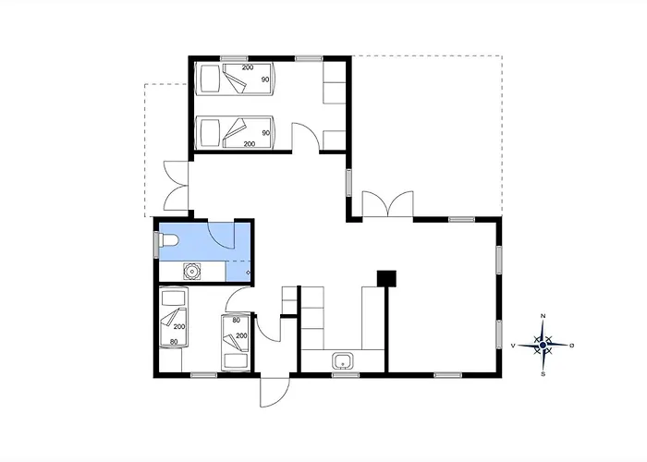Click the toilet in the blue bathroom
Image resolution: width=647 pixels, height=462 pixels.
(x=168, y=240)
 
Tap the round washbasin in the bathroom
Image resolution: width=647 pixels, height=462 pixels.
(x=192, y=272)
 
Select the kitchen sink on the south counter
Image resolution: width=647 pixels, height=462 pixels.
(x=343, y=361)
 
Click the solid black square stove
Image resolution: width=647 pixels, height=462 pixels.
(x=386, y=278)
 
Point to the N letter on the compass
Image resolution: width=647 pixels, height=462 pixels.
(x=543, y=316)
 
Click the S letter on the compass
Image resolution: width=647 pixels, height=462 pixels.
(x=543, y=374)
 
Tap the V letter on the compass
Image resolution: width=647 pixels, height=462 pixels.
(x=513, y=346)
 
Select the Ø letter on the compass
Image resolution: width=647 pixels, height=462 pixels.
(x=571, y=346)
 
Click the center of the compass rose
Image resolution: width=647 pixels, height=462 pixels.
(x=543, y=345)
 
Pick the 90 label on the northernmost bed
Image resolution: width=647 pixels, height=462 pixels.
(x=265, y=79)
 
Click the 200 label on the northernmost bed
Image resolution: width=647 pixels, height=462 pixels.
(x=248, y=67)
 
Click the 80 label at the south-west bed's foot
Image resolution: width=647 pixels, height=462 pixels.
(x=174, y=342)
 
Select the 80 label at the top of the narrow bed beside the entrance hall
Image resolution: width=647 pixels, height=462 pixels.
(x=237, y=320)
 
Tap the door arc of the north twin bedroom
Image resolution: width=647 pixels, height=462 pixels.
(x=306, y=131)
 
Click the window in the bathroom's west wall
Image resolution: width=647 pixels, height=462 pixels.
(x=156, y=245)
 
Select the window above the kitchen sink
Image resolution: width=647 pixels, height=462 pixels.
(x=346, y=375)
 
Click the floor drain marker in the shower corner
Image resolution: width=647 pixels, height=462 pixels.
(x=248, y=273)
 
